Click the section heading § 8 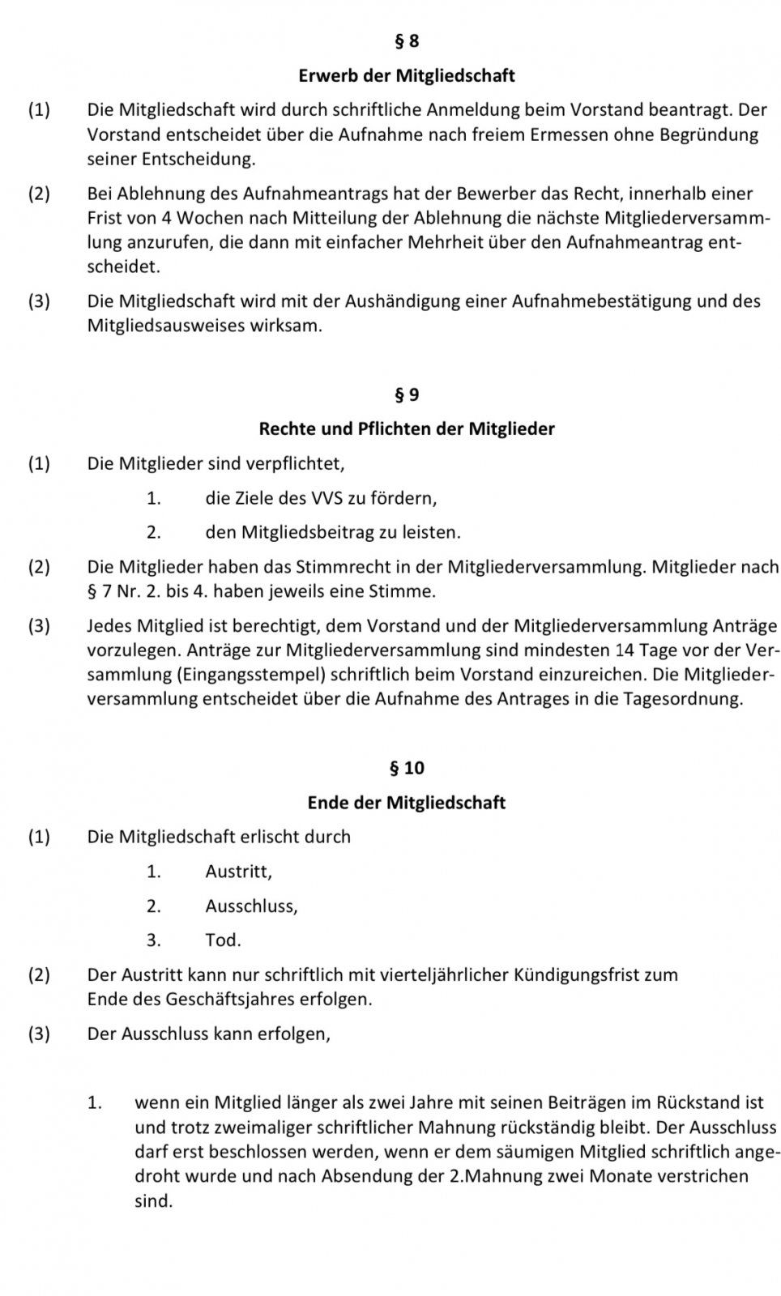406,40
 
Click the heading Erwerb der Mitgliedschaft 406,76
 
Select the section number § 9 406,394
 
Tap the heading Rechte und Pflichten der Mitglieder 406,428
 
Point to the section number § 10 406,767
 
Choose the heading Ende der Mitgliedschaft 406,803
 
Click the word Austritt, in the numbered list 238,872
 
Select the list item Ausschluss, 251,906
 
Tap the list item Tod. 223,940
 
